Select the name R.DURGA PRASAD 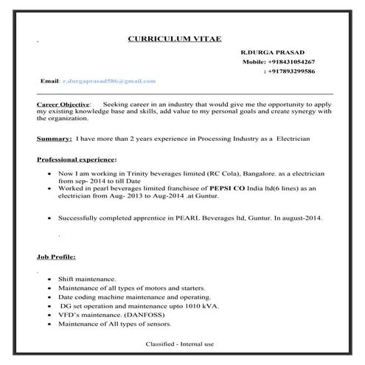[271, 54]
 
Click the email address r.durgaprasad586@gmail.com [109, 80]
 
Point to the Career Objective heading [63, 105]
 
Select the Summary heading [54, 138]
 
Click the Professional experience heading [76, 159]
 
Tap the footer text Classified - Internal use [179, 344]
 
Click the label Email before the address [49, 80]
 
